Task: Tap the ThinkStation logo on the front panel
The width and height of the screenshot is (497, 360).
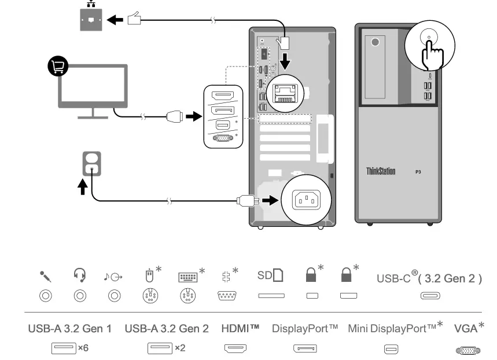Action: (x=381, y=172)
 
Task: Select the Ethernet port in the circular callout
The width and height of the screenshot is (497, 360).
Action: (x=287, y=92)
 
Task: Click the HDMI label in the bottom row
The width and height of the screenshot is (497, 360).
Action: (x=240, y=328)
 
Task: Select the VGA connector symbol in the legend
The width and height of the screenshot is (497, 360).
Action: (x=469, y=350)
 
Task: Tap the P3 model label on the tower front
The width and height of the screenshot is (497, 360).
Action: (x=418, y=172)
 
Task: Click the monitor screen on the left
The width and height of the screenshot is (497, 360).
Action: (x=93, y=86)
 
